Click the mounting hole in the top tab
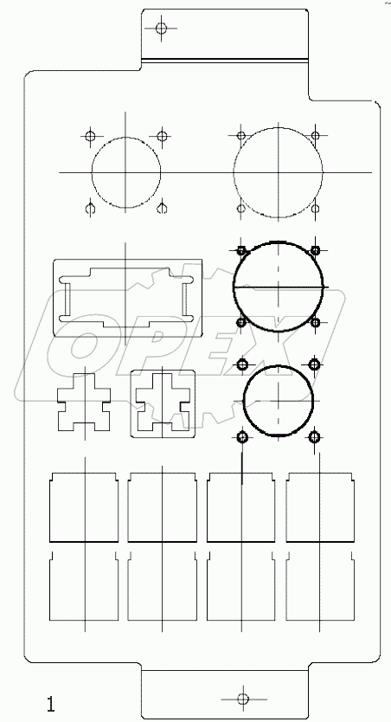[160, 29]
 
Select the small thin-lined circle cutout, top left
[126, 173]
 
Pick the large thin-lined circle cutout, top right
[279, 173]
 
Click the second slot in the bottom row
[162, 588]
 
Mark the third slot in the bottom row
[242, 588]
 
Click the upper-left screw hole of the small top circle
[89, 136]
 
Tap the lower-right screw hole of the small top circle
[161, 209]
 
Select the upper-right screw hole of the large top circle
[317, 136]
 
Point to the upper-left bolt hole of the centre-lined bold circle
[242, 250]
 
